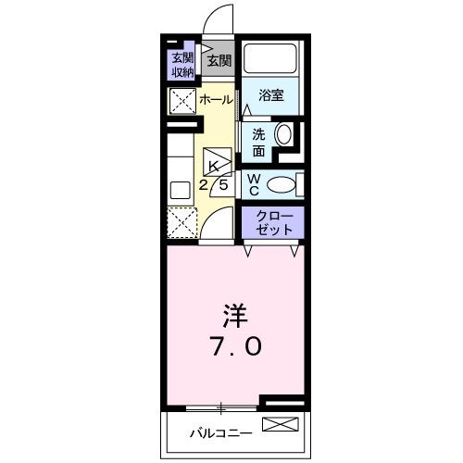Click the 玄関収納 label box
(x=181, y=64)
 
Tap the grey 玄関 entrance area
(x=219, y=62)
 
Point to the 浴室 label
(x=270, y=94)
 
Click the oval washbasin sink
(x=284, y=135)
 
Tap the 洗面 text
(x=259, y=142)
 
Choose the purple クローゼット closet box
(x=272, y=221)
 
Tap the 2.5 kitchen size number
(x=215, y=184)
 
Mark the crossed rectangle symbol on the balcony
(x=281, y=426)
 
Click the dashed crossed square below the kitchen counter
(x=181, y=222)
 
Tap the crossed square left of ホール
(x=181, y=100)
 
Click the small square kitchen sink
(x=180, y=192)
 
